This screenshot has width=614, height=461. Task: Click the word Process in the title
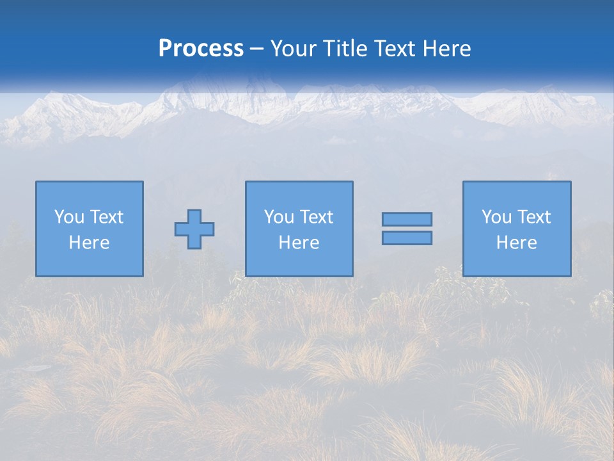[x=201, y=49]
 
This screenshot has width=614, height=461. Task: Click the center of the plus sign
[x=194, y=229]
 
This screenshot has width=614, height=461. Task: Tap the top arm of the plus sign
[x=194, y=216]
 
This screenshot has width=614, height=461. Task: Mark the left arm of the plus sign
[x=182, y=229]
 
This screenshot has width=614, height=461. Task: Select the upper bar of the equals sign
[x=407, y=219]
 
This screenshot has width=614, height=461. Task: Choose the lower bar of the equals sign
[x=407, y=238]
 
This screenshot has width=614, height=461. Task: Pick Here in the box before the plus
[x=89, y=243]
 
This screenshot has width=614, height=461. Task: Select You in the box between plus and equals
[x=278, y=217]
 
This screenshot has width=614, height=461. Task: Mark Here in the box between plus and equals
[x=299, y=243]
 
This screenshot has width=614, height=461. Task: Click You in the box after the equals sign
[x=496, y=217]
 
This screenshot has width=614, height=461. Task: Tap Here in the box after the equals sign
[x=516, y=243]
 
